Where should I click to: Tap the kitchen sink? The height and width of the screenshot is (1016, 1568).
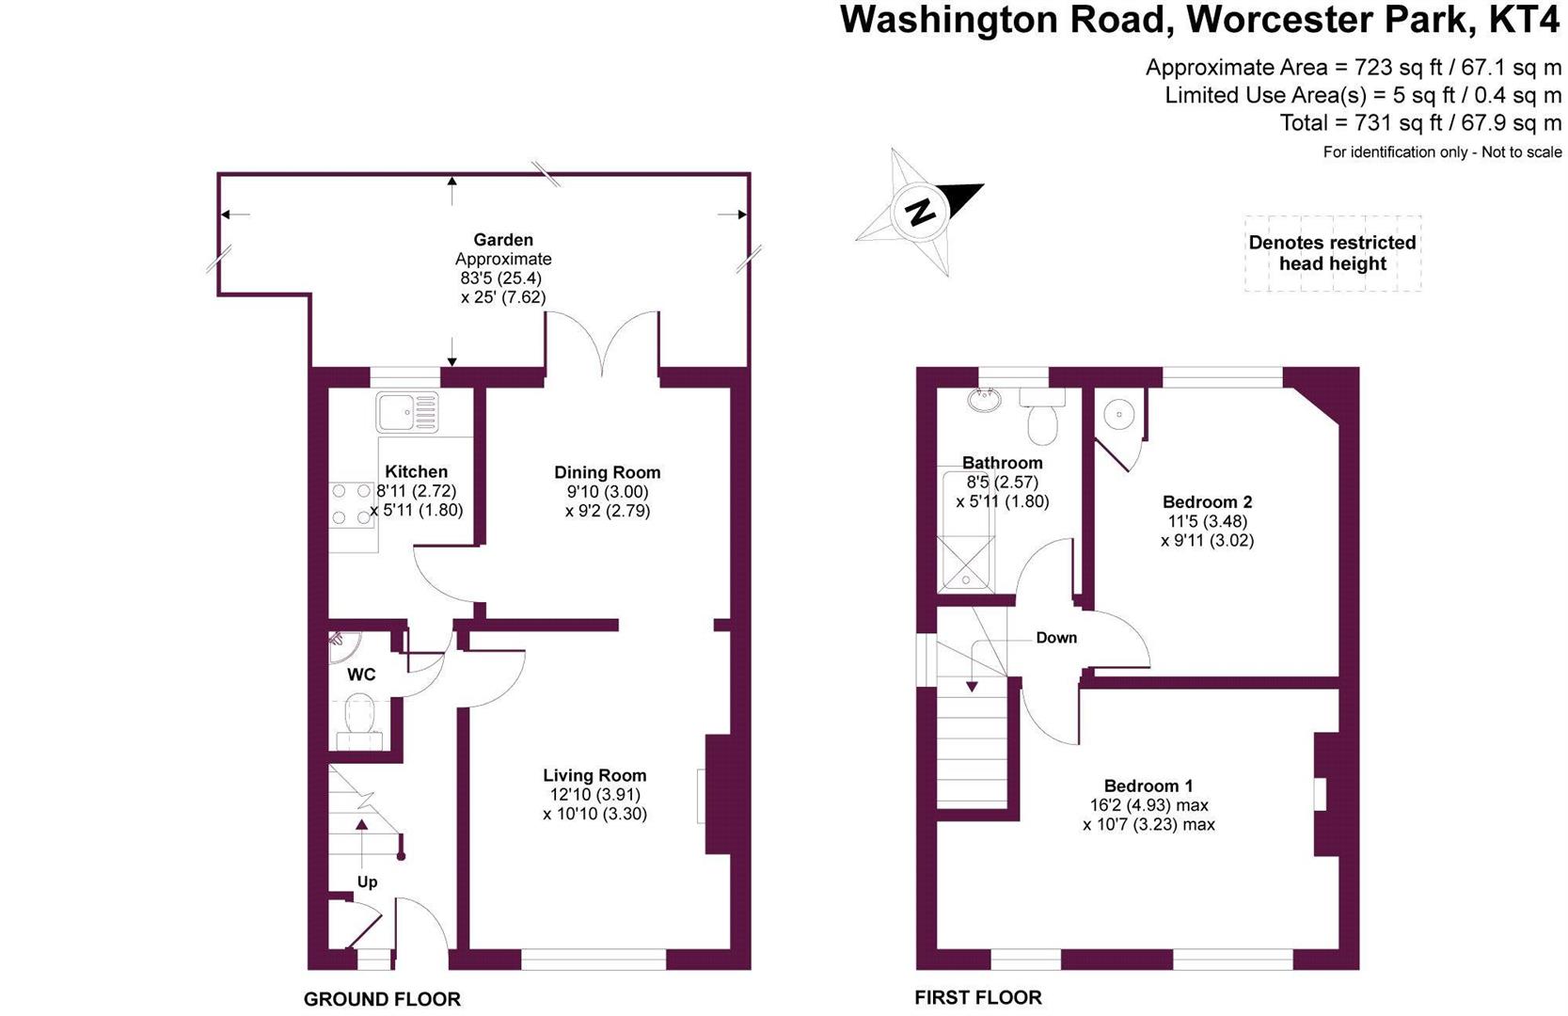[x=407, y=411]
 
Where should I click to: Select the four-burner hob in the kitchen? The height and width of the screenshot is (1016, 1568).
[x=352, y=504]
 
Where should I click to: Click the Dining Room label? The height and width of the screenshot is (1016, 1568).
[x=607, y=472]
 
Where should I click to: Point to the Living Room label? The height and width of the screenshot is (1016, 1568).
[x=594, y=775]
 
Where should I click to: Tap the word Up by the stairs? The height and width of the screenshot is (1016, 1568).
[x=367, y=881]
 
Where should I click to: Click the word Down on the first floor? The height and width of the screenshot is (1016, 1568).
[x=1056, y=638]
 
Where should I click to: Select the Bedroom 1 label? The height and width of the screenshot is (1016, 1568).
[x=1148, y=786]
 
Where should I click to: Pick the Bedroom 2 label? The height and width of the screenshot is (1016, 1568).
[x=1207, y=501]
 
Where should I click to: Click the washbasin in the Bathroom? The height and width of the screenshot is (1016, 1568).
[x=985, y=402]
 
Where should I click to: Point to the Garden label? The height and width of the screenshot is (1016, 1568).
[x=503, y=240]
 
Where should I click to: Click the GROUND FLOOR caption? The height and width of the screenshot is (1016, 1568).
[x=382, y=999]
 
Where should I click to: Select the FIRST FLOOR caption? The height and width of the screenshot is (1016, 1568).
[x=978, y=997]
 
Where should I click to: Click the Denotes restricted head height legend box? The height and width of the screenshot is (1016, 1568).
[x=1332, y=253]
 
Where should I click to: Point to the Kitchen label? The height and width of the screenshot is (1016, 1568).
[x=416, y=471]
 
